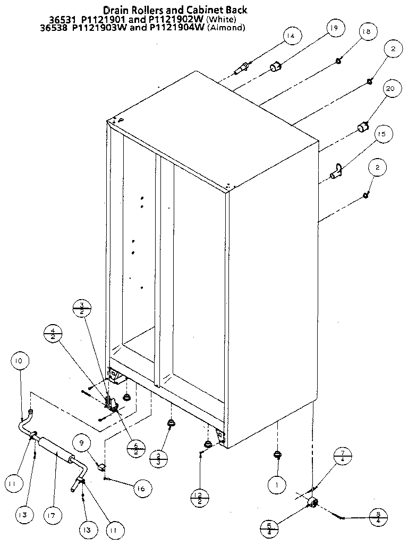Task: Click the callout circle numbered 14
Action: [x=290, y=36]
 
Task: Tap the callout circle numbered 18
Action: [x=365, y=31]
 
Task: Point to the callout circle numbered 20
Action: [x=389, y=89]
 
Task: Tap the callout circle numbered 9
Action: [x=82, y=442]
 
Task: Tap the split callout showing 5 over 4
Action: [x=271, y=529]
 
